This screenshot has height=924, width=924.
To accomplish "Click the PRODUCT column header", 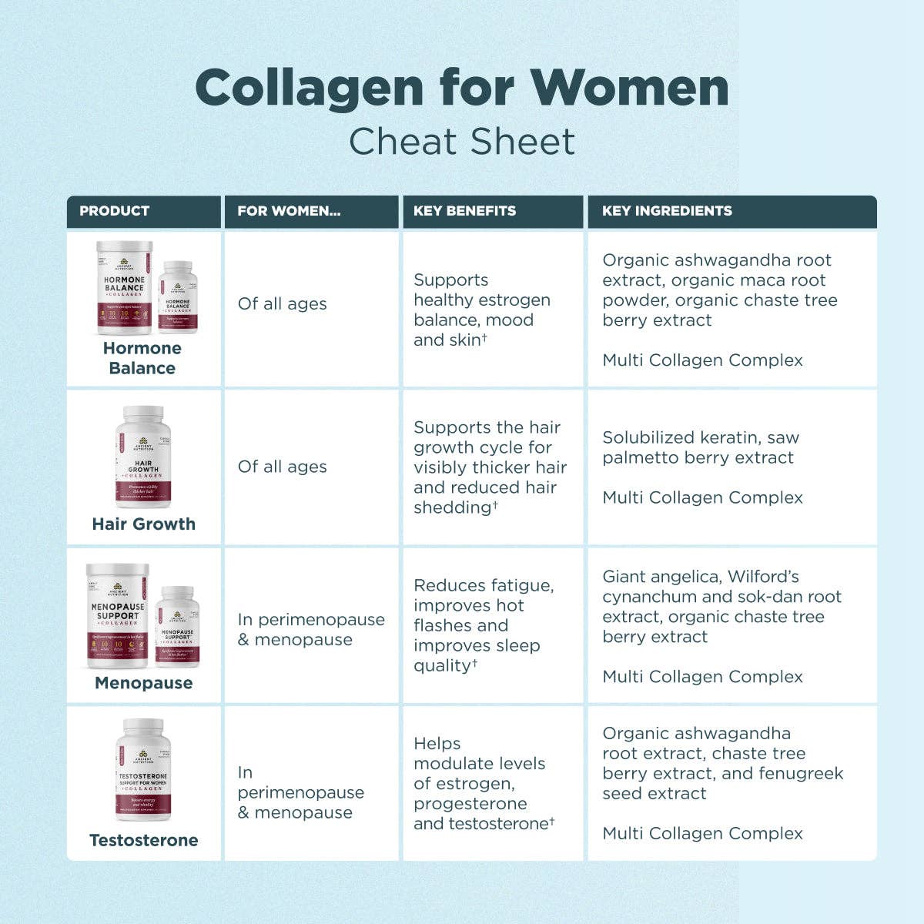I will (115, 211).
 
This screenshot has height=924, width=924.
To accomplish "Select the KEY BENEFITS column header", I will (464, 211).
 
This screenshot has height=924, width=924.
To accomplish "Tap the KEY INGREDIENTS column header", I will (667, 211).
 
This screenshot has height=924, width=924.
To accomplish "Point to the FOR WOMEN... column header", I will (289, 211).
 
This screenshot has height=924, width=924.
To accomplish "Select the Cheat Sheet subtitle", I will (462, 142).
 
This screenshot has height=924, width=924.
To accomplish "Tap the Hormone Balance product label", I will (142, 358).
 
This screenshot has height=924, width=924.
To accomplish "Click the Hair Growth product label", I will (144, 524).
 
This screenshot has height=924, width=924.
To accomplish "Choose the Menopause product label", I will (144, 683).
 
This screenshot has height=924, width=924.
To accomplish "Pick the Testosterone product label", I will (144, 840).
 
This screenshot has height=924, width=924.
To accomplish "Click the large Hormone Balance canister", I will (125, 288).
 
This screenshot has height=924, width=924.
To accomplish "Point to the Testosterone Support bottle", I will (143, 770).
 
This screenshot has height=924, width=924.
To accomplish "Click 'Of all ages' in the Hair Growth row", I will (282, 467).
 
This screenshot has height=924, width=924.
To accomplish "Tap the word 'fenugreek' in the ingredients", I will (802, 773).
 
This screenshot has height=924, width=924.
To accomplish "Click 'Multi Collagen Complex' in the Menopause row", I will (702, 677).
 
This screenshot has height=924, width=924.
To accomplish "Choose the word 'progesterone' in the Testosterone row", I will (470, 803).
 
